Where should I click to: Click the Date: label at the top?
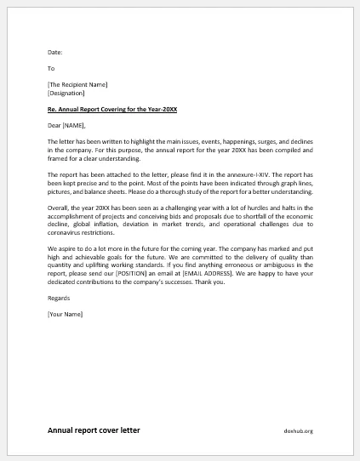click(x=55, y=52)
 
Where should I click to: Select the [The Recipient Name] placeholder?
click(x=77, y=84)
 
